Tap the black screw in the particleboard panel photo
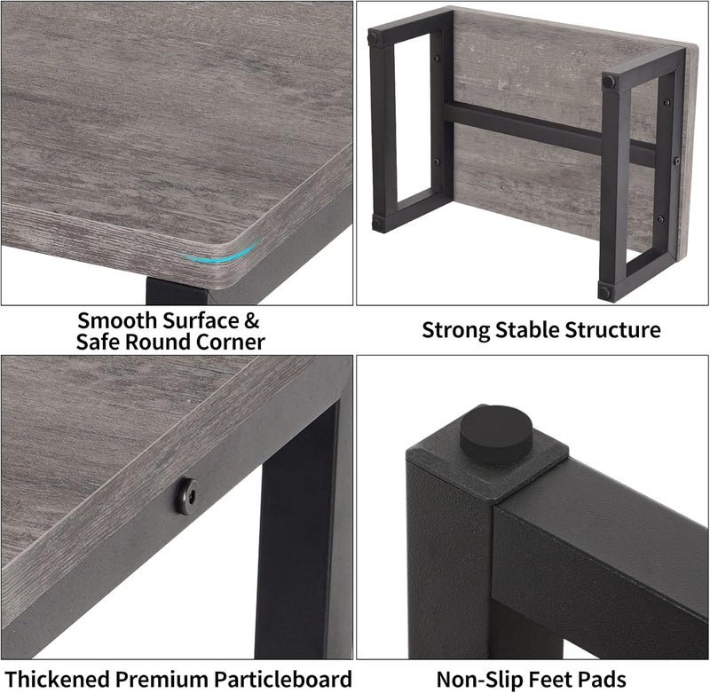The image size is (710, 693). [187, 497]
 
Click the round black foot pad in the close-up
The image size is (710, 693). [496, 435]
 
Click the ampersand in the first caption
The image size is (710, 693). [251, 321]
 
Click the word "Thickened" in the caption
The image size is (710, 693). [57, 680]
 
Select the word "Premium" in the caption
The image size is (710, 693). [162, 680]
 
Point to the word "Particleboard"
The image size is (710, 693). [283, 680]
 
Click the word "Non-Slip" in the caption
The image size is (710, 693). [480, 680]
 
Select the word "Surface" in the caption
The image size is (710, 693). [201, 321]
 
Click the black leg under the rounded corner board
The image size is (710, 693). [177, 290]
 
